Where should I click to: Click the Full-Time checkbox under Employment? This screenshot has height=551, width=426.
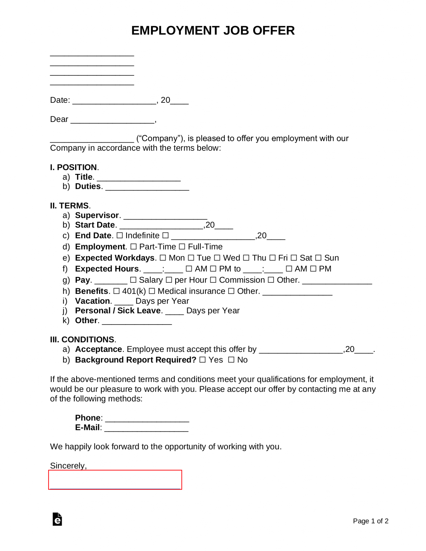click(x=182, y=247)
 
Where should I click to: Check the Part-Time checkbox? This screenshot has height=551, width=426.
click(x=133, y=247)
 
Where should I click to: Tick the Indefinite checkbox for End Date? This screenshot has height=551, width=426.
click(x=120, y=236)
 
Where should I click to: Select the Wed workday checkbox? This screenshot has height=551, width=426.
click(x=217, y=258)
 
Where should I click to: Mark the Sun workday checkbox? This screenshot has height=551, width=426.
click(x=318, y=258)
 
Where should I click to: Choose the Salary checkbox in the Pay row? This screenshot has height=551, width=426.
click(x=133, y=280)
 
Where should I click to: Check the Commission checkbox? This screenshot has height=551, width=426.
click(x=213, y=280)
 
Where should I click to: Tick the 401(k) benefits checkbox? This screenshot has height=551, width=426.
click(x=116, y=291)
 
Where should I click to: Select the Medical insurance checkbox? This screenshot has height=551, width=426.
click(x=152, y=291)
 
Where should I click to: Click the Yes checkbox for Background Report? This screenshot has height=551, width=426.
click(x=203, y=360)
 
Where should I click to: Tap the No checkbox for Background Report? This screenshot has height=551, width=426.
click(x=231, y=360)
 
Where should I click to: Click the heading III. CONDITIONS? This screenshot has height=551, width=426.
click(x=83, y=340)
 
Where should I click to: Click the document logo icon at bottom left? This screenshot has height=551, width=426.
click(x=57, y=519)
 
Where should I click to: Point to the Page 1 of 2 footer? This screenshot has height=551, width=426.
click(x=370, y=521)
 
